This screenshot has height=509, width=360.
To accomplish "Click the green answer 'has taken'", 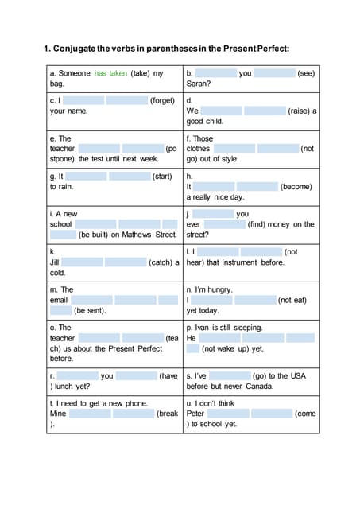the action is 110,73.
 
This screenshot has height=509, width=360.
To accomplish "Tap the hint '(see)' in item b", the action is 307,73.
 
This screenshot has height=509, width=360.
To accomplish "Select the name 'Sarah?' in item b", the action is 199,84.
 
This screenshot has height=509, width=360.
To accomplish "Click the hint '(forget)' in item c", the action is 162,101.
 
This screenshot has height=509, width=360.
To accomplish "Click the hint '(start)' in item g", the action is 162,176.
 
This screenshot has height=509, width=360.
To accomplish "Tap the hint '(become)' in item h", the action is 296,186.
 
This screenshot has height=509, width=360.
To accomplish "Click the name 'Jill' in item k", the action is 56,262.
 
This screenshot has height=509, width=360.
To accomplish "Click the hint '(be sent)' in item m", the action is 90,310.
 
